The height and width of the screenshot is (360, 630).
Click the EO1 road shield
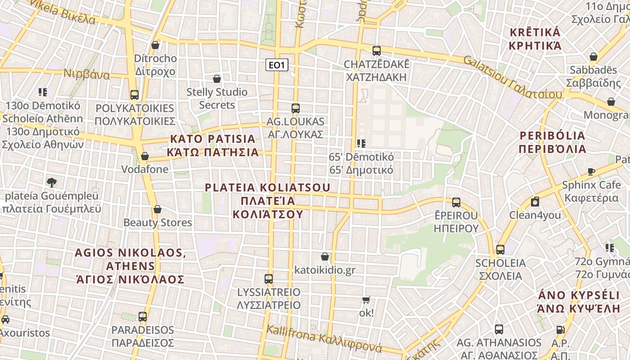[x=276, y=65]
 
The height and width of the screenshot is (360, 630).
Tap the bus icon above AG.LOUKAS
[x=295, y=108]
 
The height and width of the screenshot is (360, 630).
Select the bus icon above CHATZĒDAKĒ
[x=376, y=51]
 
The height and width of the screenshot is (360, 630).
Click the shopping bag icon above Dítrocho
[x=155, y=45]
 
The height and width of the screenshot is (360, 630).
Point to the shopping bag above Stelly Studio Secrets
[x=217, y=79]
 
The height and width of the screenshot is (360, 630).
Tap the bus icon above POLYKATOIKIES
[x=134, y=95]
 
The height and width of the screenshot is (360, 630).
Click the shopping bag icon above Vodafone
[x=144, y=157]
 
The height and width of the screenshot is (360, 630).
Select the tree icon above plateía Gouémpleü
[x=52, y=183]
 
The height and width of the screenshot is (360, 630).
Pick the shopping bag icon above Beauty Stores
[x=157, y=210]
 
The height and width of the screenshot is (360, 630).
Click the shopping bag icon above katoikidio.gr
[x=325, y=257]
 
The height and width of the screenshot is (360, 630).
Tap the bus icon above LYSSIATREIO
[x=269, y=279]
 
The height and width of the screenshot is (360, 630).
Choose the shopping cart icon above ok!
[x=366, y=300]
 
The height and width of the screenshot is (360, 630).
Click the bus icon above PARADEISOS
[x=143, y=317]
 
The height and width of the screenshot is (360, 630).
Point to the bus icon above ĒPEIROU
[x=456, y=202]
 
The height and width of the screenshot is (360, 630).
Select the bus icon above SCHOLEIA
[x=500, y=250]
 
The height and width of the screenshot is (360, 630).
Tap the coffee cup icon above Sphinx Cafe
[x=591, y=172]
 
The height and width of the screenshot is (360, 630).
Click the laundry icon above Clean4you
[x=535, y=202]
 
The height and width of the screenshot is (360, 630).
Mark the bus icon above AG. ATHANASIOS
[x=499, y=329]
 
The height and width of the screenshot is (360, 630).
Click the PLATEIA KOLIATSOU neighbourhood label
[x=268, y=201]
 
